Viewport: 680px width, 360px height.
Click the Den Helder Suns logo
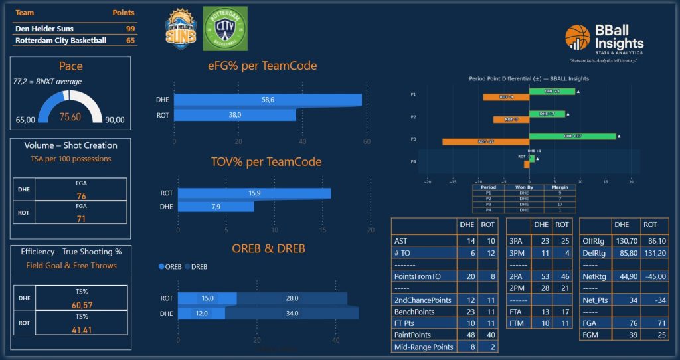pos(181,29)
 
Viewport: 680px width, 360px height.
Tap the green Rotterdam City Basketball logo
pos(224,29)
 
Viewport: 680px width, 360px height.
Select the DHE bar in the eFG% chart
pos(268,100)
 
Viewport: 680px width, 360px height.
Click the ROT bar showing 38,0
pos(234,115)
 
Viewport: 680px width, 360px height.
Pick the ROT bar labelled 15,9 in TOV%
pos(254,193)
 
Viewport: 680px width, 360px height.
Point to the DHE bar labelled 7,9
pos(215,207)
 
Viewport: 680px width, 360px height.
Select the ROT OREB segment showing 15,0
pos(207,298)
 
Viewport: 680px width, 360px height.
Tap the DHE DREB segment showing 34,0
pos(292,314)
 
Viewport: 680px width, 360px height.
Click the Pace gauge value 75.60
pos(70,117)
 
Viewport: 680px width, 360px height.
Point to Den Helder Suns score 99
pos(130,29)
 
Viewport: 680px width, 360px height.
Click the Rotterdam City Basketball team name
pos(60,41)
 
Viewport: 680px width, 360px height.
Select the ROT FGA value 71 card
pos(81,219)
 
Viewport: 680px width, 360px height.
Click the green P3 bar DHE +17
pos(572,136)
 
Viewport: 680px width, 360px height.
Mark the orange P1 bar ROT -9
pos(505,98)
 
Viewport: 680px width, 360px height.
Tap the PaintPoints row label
pos(412,335)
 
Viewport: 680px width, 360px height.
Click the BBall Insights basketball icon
pos(578,38)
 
